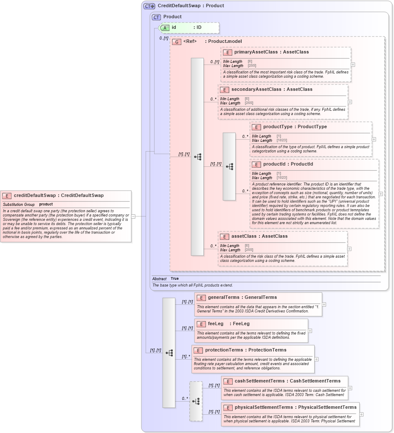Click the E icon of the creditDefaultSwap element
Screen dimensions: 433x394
tap(7, 196)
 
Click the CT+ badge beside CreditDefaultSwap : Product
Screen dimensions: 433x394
tap(149, 6)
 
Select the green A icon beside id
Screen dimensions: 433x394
tap(165, 28)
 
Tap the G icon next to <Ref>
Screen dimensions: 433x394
tap(176, 42)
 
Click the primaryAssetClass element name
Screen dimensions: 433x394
tap(254, 52)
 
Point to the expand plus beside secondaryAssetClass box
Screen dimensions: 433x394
tap(350, 102)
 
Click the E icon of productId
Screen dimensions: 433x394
tap(256, 164)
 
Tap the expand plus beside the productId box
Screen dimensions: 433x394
tap(380, 194)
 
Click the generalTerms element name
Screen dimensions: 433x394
tap(225, 298)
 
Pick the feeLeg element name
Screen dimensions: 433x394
tap(215, 324)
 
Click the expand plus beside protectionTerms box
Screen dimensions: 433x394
tap(316, 359)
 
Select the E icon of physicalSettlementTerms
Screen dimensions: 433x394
tap(228, 408)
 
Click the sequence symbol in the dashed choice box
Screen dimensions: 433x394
tap(196, 401)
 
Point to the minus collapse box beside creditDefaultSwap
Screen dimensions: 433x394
tap(133, 216)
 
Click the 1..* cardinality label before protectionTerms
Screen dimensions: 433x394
tap(186, 357)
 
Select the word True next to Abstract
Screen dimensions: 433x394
tap(174, 278)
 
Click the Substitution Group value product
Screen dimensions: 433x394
tap(46, 205)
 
